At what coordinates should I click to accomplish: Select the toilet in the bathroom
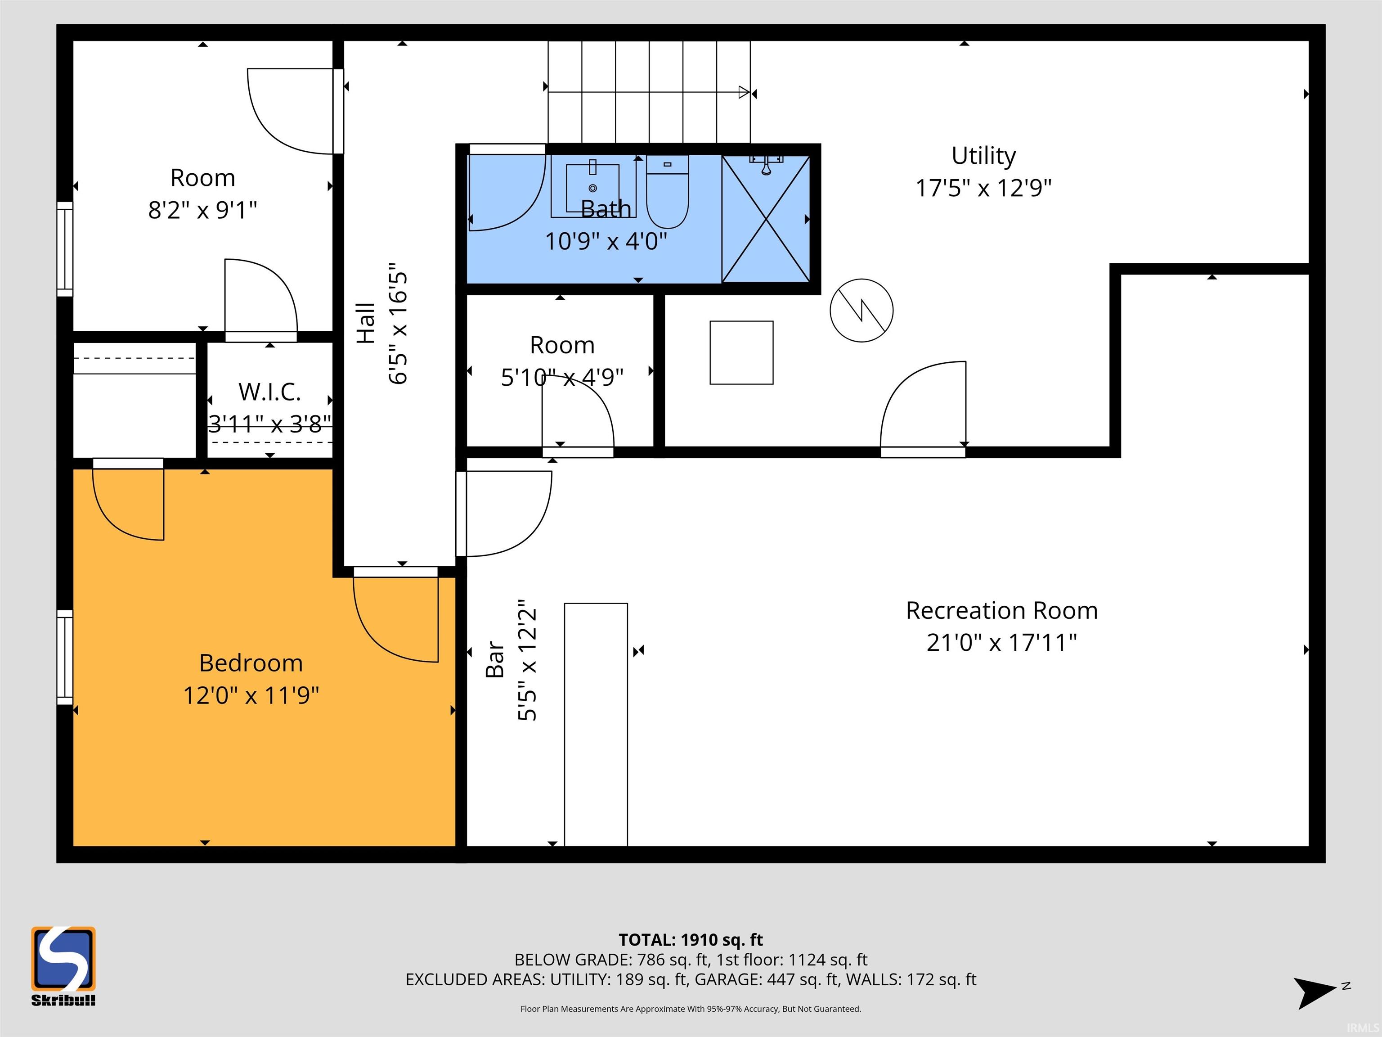[x=667, y=192]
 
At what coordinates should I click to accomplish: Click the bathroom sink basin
[x=593, y=188]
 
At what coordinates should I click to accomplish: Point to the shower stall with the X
[x=766, y=219]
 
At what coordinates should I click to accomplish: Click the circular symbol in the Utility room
[x=862, y=310]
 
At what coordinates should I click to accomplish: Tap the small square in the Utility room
[x=741, y=352]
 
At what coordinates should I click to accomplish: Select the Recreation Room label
[x=1001, y=610]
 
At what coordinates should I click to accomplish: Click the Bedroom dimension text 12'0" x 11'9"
[x=251, y=695]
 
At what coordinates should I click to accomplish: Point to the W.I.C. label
[x=270, y=392]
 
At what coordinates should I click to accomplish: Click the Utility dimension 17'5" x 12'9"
[x=983, y=188]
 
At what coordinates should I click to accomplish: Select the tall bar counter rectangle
[x=596, y=725]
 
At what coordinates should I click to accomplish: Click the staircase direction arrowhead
[x=744, y=93]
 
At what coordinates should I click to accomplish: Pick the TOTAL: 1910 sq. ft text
[x=691, y=939]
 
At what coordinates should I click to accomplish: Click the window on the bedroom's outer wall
[x=65, y=657]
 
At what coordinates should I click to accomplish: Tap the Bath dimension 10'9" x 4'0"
[x=606, y=241]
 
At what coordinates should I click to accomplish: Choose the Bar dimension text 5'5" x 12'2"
[x=527, y=660]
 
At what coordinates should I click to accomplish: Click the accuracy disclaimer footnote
[x=691, y=1008]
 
